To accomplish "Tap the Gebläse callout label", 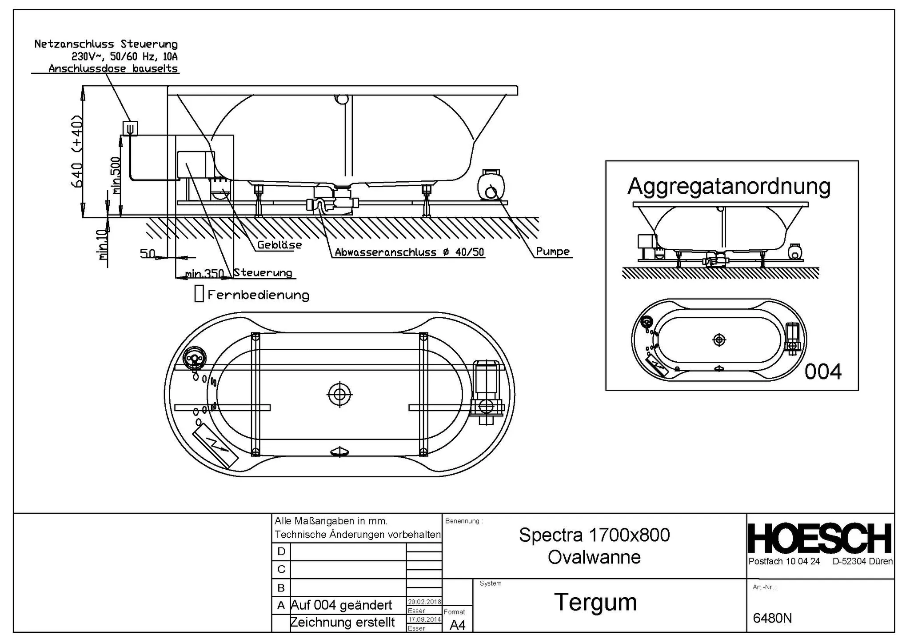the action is (280, 245).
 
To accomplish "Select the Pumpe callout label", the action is (553, 252).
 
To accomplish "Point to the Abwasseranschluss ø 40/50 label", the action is (409, 252).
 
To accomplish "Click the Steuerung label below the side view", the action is (263, 273).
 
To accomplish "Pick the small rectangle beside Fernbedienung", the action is (199, 294).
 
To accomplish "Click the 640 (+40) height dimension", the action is (77, 151).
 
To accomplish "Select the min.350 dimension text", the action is (204, 274).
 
